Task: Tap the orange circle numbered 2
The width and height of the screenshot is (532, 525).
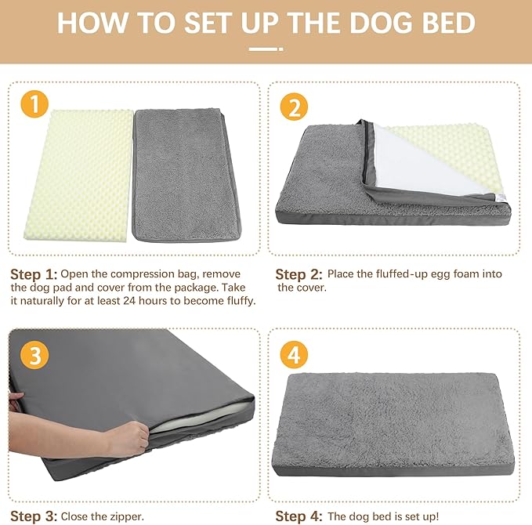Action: click(293, 107)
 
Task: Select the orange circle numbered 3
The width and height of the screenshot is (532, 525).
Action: click(34, 355)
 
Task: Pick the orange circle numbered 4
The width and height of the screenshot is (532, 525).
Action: click(293, 355)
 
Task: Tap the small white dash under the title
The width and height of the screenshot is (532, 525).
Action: click(265, 48)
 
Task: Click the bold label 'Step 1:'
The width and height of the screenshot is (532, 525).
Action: click(34, 274)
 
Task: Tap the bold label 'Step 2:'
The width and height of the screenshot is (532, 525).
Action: click(299, 274)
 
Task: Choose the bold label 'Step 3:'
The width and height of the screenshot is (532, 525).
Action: click(34, 516)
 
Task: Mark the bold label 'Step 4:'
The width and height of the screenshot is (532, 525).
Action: click(299, 516)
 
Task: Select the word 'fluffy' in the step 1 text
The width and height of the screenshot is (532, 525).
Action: click(237, 301)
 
